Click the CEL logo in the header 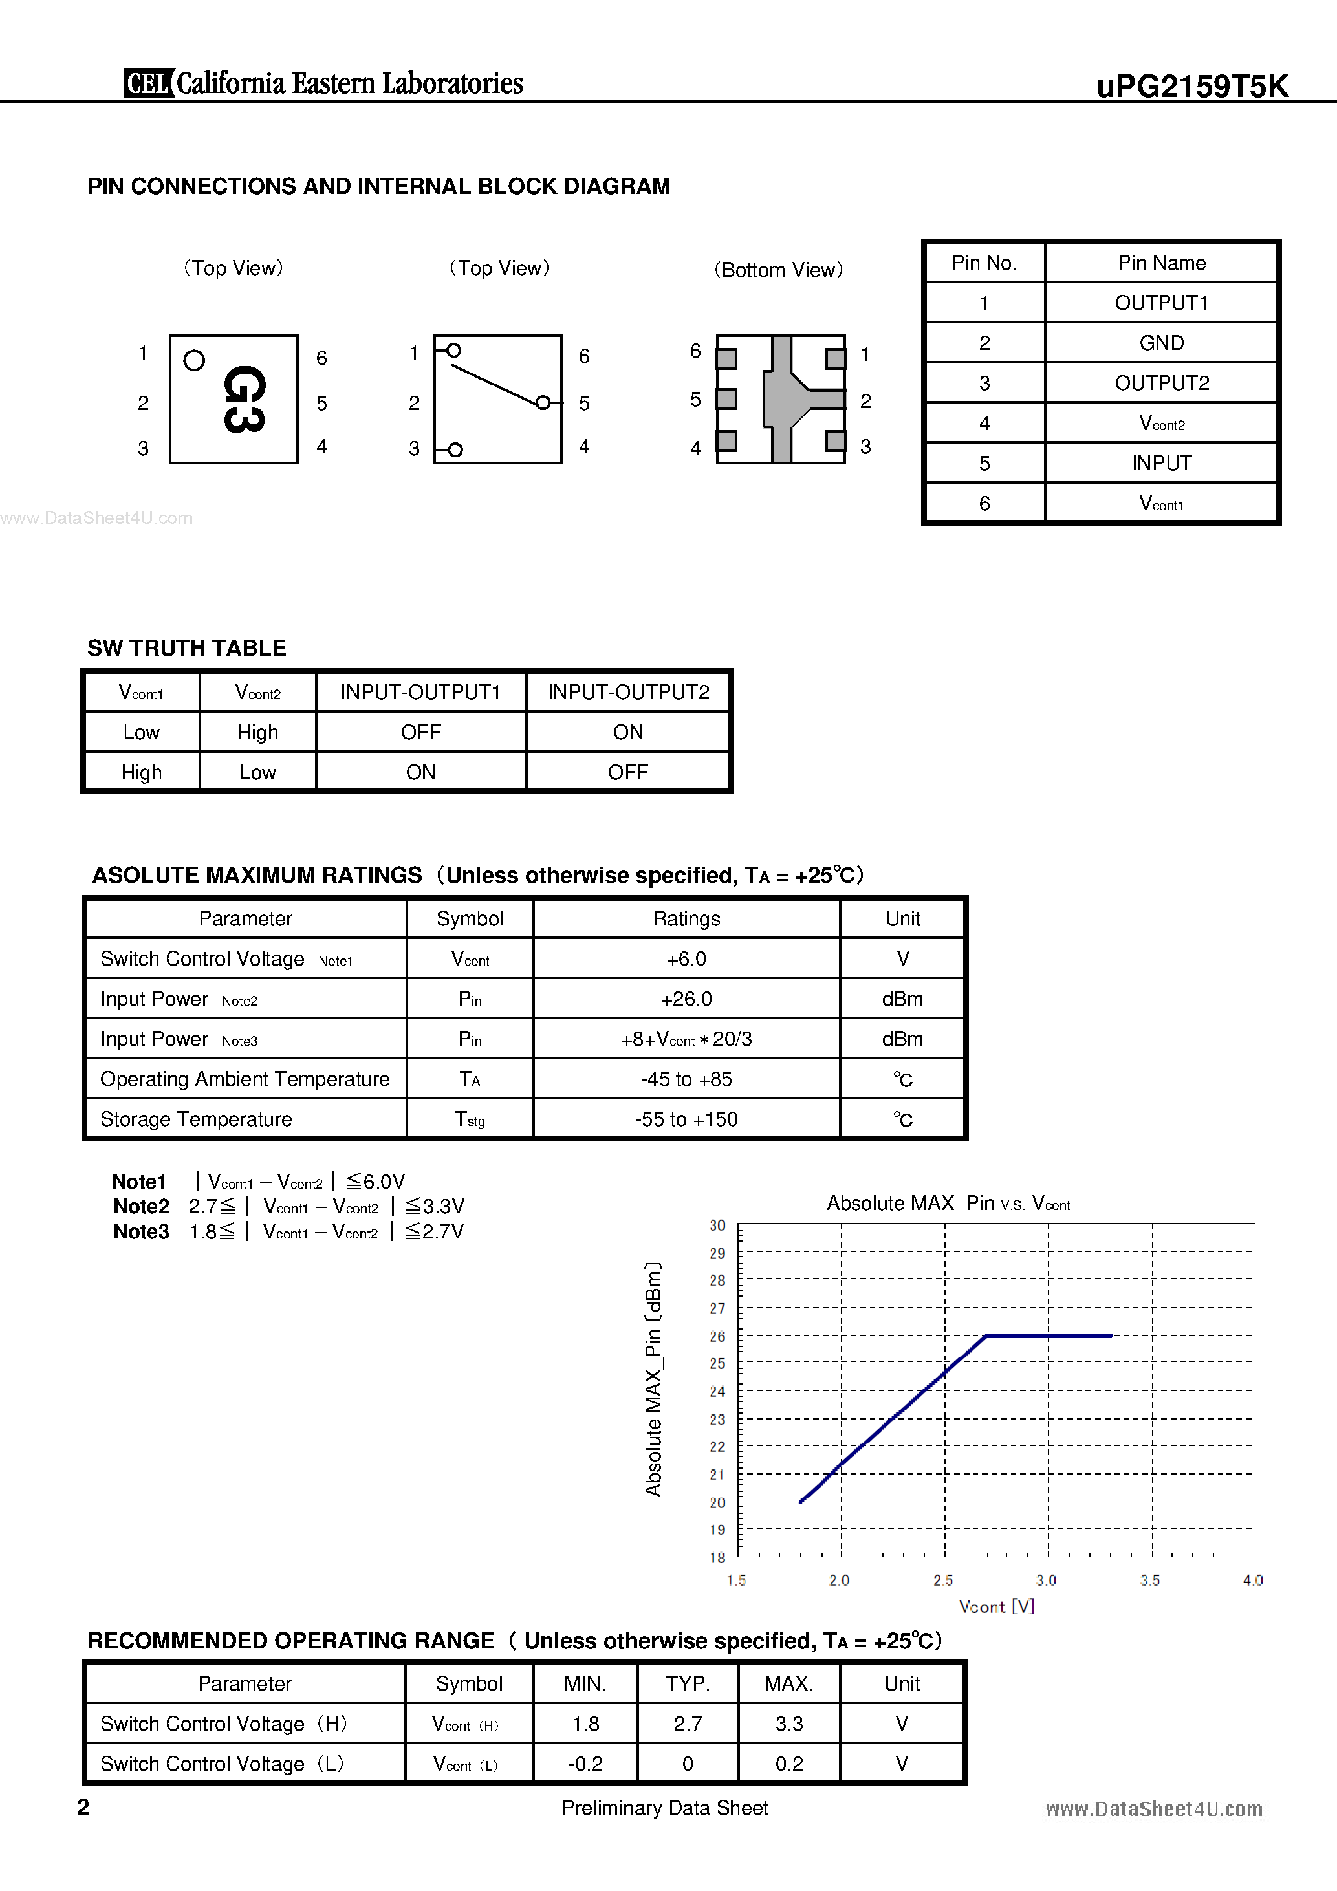point(148,83)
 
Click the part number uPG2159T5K point(1191,85)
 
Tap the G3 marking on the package point(244,400)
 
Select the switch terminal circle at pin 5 point(543,403)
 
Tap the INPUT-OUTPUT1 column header point(420,692)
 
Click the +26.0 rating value point(686,999)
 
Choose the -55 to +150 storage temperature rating point(686,1119)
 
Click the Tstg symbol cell point(470,1119)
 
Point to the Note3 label point(141,1231)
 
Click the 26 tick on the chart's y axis point(717,1336)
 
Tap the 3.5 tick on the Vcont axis point(1150,1580)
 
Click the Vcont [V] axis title point(996,1606)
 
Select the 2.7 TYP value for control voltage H point(687,1724)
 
